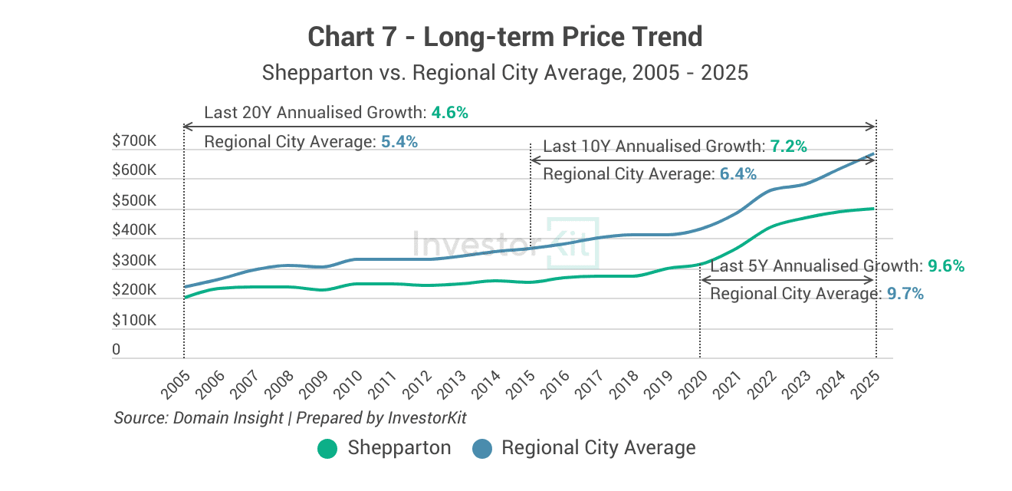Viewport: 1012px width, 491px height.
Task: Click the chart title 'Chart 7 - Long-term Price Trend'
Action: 505,36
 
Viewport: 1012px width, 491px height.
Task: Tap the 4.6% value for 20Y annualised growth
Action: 449,113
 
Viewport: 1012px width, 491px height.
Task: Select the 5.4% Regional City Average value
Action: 399,142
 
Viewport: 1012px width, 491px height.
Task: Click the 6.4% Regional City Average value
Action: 738,175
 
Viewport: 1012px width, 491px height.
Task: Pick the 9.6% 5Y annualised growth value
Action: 945,266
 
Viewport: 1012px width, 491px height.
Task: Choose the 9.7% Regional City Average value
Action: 905,294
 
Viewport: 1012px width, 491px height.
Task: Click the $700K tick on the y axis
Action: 134,141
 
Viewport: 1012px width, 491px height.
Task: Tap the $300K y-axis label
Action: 134,261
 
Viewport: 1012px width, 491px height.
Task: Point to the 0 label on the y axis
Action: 117,350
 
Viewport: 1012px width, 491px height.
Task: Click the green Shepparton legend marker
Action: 327,449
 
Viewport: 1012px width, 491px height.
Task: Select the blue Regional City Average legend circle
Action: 482,449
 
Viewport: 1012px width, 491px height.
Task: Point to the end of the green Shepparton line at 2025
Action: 874,209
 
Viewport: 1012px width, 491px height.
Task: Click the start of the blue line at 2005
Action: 185,287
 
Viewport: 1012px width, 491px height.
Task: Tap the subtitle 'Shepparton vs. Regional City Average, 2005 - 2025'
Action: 505,73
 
